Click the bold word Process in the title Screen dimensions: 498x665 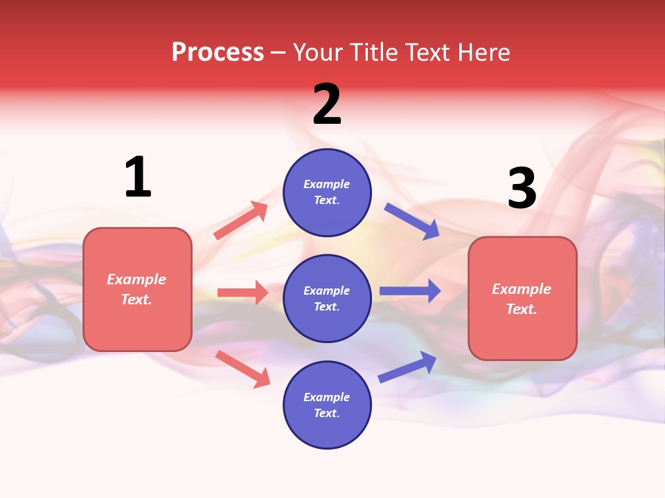click(x=218, y=53)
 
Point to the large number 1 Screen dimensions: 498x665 click(x=138, y=177)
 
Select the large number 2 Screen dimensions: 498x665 click(x=327, y=104)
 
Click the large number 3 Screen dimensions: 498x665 click(x=522, y=188)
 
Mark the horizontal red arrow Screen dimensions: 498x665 click(x=242, y=293)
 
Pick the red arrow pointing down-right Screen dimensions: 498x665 click(x=242, y=369)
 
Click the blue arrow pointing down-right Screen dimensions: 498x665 click(x=411, y=221)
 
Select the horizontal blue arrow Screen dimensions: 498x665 click(x=409, y=291)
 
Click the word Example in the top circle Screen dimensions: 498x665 click(x=327, y=184)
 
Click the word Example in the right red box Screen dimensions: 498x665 click(x=522, y=289)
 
